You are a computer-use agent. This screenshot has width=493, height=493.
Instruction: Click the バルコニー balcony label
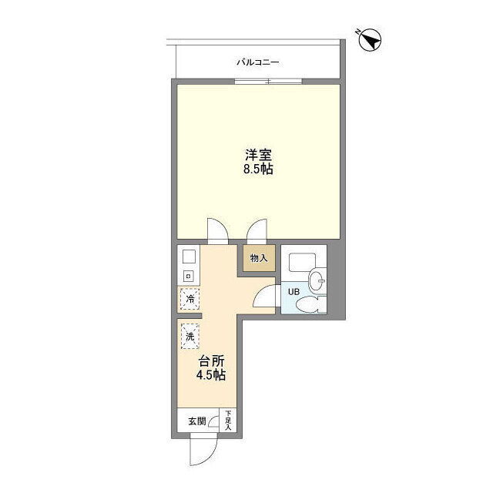point(258,62)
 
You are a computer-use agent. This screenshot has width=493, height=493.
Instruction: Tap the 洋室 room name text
point(259,155)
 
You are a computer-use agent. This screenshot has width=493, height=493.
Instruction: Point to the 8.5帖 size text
point(258,169)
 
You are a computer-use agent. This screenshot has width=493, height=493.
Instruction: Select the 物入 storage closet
point(259,259)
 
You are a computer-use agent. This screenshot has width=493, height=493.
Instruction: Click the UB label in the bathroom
point(294,292)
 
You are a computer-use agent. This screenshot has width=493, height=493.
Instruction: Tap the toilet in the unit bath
point(310,304)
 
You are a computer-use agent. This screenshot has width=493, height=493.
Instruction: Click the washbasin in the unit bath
point(317,279)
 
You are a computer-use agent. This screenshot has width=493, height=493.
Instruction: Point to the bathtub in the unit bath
point(302,263)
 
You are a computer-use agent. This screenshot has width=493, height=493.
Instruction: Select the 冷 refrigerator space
point(189,299)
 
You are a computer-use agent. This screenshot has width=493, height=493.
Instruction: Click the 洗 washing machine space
point(190,337)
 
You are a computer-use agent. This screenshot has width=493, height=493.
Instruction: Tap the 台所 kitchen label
point(211,361)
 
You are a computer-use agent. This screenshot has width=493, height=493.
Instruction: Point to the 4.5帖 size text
point(211,375)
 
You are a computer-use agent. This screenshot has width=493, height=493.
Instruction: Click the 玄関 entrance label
point(197,421)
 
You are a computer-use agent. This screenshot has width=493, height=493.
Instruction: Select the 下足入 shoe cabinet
point(228,421)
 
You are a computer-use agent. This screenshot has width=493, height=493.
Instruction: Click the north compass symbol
point(370,39)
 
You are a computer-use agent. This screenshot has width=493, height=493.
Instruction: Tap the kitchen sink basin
point(189,257)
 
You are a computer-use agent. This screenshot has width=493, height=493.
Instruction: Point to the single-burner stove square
point(189,277)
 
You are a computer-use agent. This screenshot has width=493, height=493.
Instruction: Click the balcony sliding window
point(268,82)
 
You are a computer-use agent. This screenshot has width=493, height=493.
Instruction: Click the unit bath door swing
point(266,296)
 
